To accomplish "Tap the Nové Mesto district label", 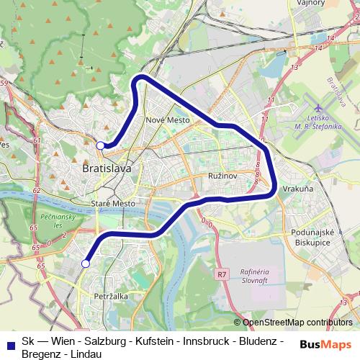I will [x=167, y=120].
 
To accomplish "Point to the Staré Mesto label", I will [x=114, y=204].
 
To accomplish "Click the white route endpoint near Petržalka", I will [x=85, y=264].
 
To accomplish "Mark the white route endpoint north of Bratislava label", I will [x=101, y=145].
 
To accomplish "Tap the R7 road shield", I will [x=221, y=274].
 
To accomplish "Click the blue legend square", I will [x=9, y=341].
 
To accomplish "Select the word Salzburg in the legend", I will [x=106, y=341].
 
